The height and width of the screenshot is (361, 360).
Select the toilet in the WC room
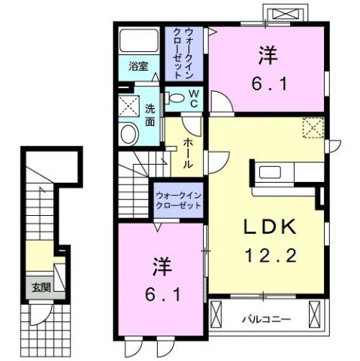[175, 97]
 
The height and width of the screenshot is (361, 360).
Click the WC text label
[193, 98]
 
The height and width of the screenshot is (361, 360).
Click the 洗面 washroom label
[151, 114]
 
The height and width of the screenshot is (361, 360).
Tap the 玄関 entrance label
[39, 286]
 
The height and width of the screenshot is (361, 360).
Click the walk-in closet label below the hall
[179, 199]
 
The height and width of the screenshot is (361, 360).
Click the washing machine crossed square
[129, 106]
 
